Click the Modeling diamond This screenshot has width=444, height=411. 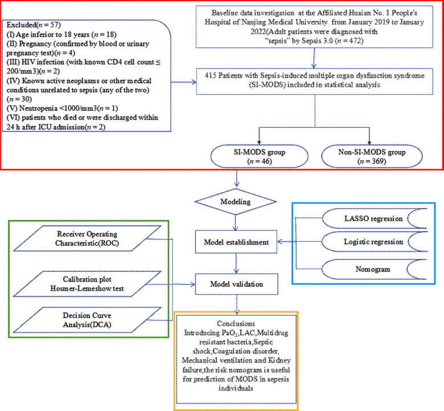235,202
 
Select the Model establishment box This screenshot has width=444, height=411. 236,242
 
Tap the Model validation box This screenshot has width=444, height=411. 237,284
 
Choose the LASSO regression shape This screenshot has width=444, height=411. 374,218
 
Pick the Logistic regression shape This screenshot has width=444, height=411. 374,242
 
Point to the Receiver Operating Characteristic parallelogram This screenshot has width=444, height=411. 87,238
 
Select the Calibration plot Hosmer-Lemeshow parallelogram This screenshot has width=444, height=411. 87,284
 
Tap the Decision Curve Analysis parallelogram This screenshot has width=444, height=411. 87,320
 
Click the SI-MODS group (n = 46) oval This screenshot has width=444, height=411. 259,156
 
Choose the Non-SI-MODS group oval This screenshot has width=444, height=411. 372,156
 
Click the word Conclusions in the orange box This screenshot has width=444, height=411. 236,323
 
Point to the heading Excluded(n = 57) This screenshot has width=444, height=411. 34,25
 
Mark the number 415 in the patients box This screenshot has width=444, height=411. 210,76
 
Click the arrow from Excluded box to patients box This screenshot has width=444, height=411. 184,82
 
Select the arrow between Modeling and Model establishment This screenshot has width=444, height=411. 235,223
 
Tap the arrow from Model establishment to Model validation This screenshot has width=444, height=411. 236,263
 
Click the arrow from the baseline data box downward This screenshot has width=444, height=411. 314,58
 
